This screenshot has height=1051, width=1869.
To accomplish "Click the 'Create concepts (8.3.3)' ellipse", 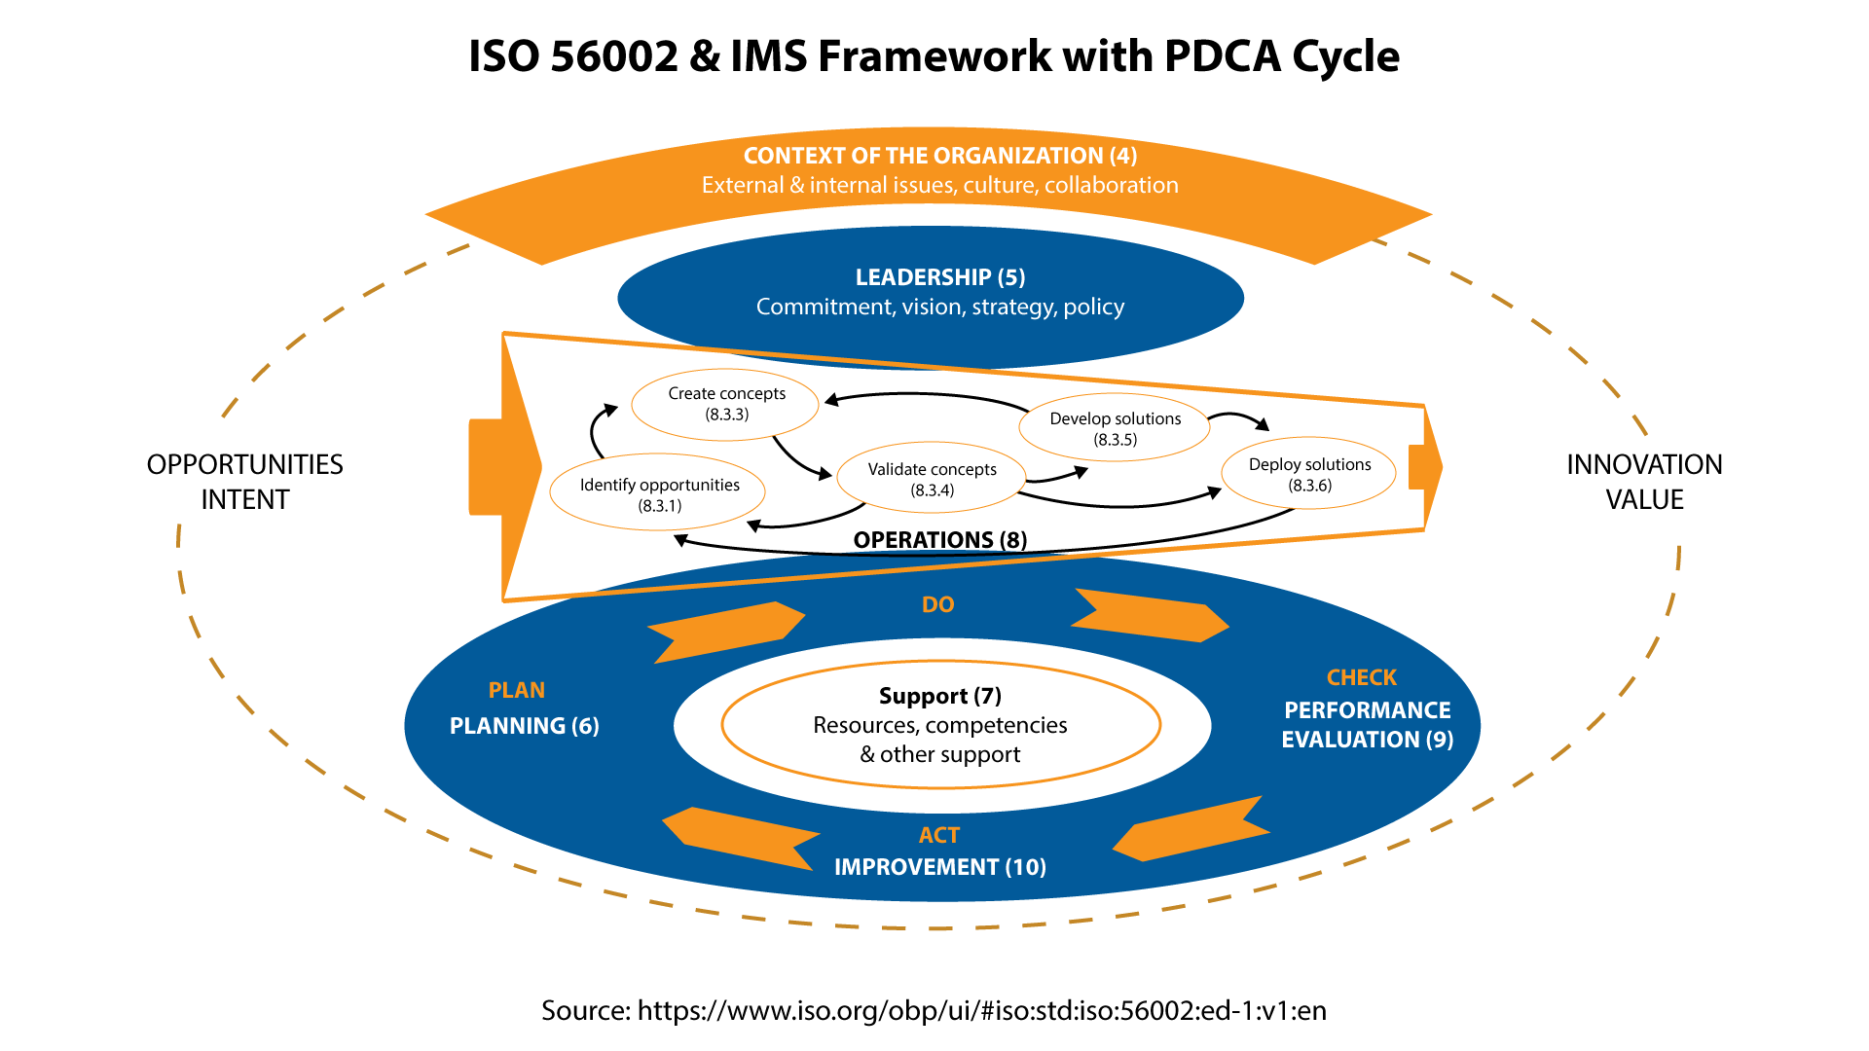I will point(726,404).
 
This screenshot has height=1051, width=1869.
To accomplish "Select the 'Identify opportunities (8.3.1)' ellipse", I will point(659,494).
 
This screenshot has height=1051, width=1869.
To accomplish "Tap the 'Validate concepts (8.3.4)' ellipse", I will point(932,479).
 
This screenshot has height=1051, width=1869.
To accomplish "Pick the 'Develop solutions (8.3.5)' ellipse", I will point(1115,428).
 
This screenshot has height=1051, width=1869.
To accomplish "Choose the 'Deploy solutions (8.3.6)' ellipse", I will point(1309,474).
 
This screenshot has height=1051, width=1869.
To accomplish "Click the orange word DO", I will point(937,604).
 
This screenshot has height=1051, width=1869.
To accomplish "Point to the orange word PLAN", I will point(516,690).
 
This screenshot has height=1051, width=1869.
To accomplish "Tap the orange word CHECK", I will point(1361,677).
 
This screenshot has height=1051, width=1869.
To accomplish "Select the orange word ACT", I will point(938,835).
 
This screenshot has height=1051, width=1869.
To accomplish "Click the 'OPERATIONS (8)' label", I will point(939,540).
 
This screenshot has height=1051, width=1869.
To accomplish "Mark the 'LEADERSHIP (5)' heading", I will point(939,277).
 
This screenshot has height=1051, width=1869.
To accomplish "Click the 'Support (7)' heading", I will point(939,696).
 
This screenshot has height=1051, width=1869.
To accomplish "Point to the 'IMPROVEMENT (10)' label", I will point(939,867).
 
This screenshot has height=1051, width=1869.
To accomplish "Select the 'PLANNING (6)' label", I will point(524,726).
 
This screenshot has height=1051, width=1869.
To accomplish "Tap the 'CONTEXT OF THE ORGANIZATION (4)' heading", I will point(939,156).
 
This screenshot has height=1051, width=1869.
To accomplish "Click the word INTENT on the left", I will point(245,499).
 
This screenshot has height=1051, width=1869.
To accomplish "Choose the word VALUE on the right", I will point(1644,499).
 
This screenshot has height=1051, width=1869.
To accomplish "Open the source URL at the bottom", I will point(981,1010).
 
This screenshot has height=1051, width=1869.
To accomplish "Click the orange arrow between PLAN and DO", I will point(725,632).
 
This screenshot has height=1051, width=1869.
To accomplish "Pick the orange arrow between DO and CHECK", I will point(1149,615).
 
